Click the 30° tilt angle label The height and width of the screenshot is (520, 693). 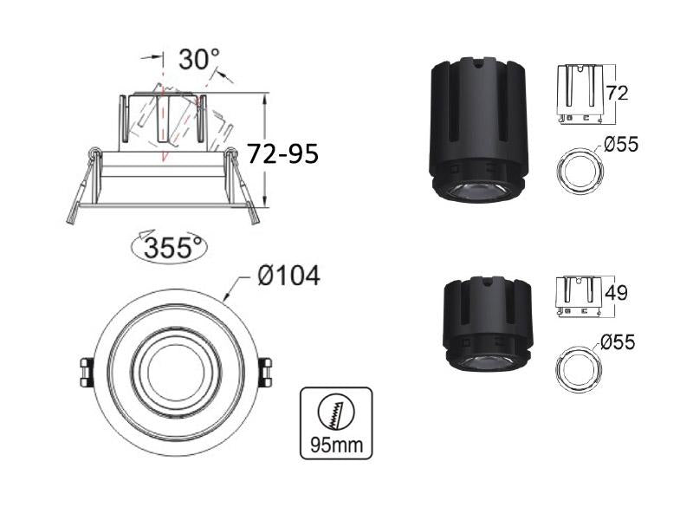pos(199,60)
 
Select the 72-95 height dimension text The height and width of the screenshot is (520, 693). pos(282,154)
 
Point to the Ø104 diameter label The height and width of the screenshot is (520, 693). pos(288,276)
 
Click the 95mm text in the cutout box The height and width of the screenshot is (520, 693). pos(336,445)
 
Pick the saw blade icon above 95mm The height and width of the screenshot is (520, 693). pos(336,413)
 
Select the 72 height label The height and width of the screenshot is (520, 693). pos(617,94)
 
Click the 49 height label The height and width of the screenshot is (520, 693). pos(616,293)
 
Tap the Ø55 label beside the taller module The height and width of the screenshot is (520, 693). pos(621,145)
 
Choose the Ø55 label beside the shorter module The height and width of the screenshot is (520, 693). pos(618,341)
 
